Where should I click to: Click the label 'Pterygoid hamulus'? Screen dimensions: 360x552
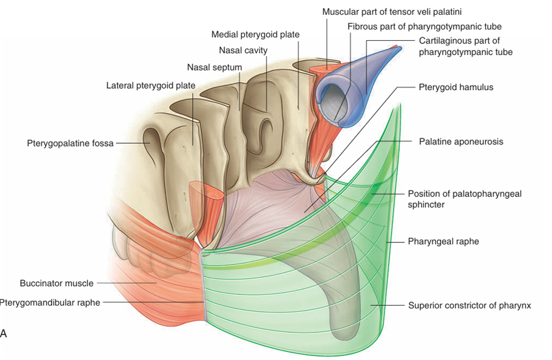pyautogui.click(x=456, y=87)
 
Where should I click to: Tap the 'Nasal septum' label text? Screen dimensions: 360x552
pyautogui.click(x=214, y=68)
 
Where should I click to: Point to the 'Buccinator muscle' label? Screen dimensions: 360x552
pyautogui.click(x=56, y=282)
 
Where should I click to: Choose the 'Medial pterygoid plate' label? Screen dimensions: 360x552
pyautogui.click(x=255, y=35)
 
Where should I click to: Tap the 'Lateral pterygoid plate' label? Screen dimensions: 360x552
pyautogui.click(x=150, y=86)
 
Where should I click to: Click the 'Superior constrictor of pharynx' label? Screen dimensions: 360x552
pyautogui.click(x=469, y=305)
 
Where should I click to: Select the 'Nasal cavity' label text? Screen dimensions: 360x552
pyautogui.click(x=244, y=51)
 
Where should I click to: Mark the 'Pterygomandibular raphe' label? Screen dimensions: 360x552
pyautogui.click(x=50, y=303)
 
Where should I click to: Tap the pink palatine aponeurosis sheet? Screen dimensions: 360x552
pyautogui.click(x=267, y=204)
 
